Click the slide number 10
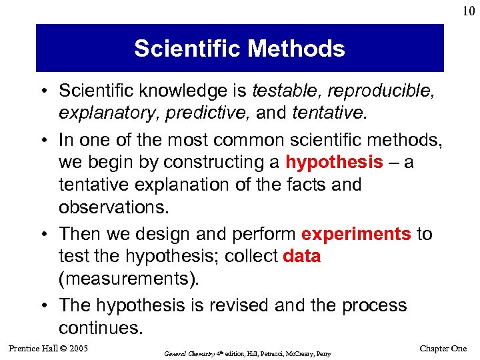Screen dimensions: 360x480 [x=467, y=11]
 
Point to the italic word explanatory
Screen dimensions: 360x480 [x=99, y=113]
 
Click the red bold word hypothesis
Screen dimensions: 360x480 [x=334, y=162]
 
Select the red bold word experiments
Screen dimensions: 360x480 [x=356, y=234]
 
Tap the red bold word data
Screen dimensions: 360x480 [x=301, y=257]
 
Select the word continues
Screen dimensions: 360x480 [x=100, y=327]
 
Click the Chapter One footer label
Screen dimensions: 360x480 [x=443, y=348]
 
